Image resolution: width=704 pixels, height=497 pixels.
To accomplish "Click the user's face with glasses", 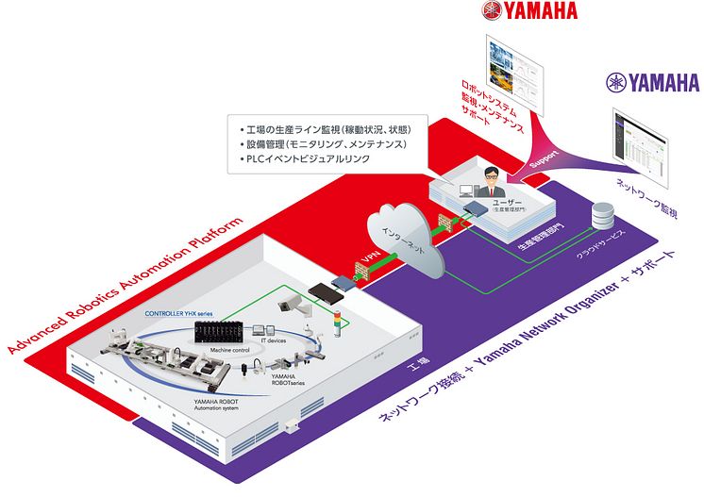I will click(489, 175).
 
